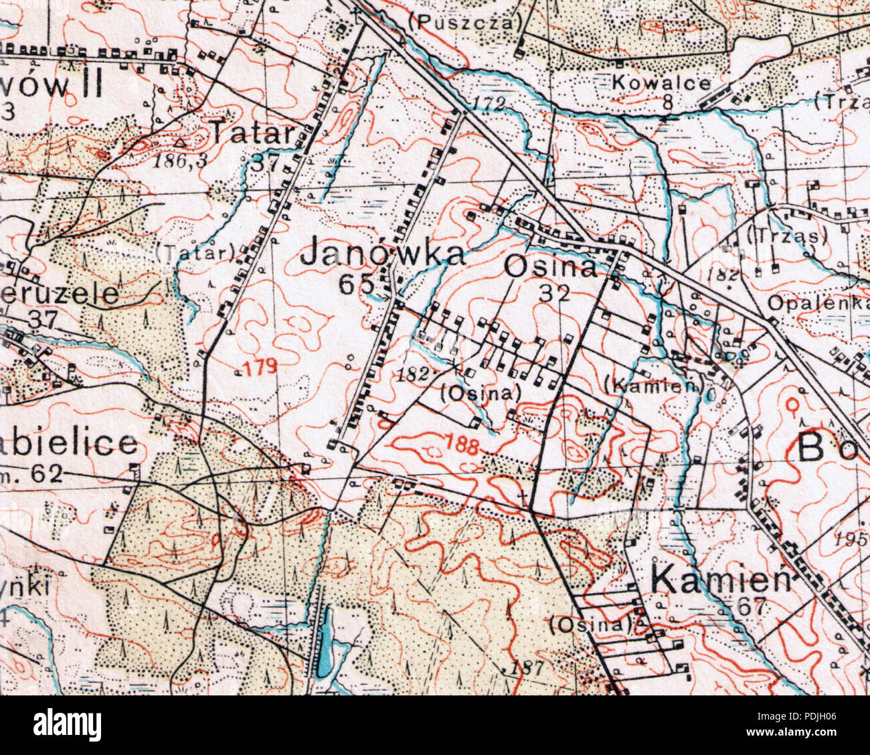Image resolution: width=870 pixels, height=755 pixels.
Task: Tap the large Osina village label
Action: [551, 268]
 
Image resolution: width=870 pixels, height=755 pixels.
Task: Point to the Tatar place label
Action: [253, 133]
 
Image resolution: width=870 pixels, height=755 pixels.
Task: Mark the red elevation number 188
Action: [462, 445]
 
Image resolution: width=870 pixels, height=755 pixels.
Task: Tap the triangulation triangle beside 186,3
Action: [179, 142]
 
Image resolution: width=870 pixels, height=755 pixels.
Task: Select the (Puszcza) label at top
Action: [464, 22]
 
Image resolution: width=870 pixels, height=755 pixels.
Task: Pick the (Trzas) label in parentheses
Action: [787, 236]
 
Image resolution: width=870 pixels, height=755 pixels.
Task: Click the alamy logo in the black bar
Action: [67, 725]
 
